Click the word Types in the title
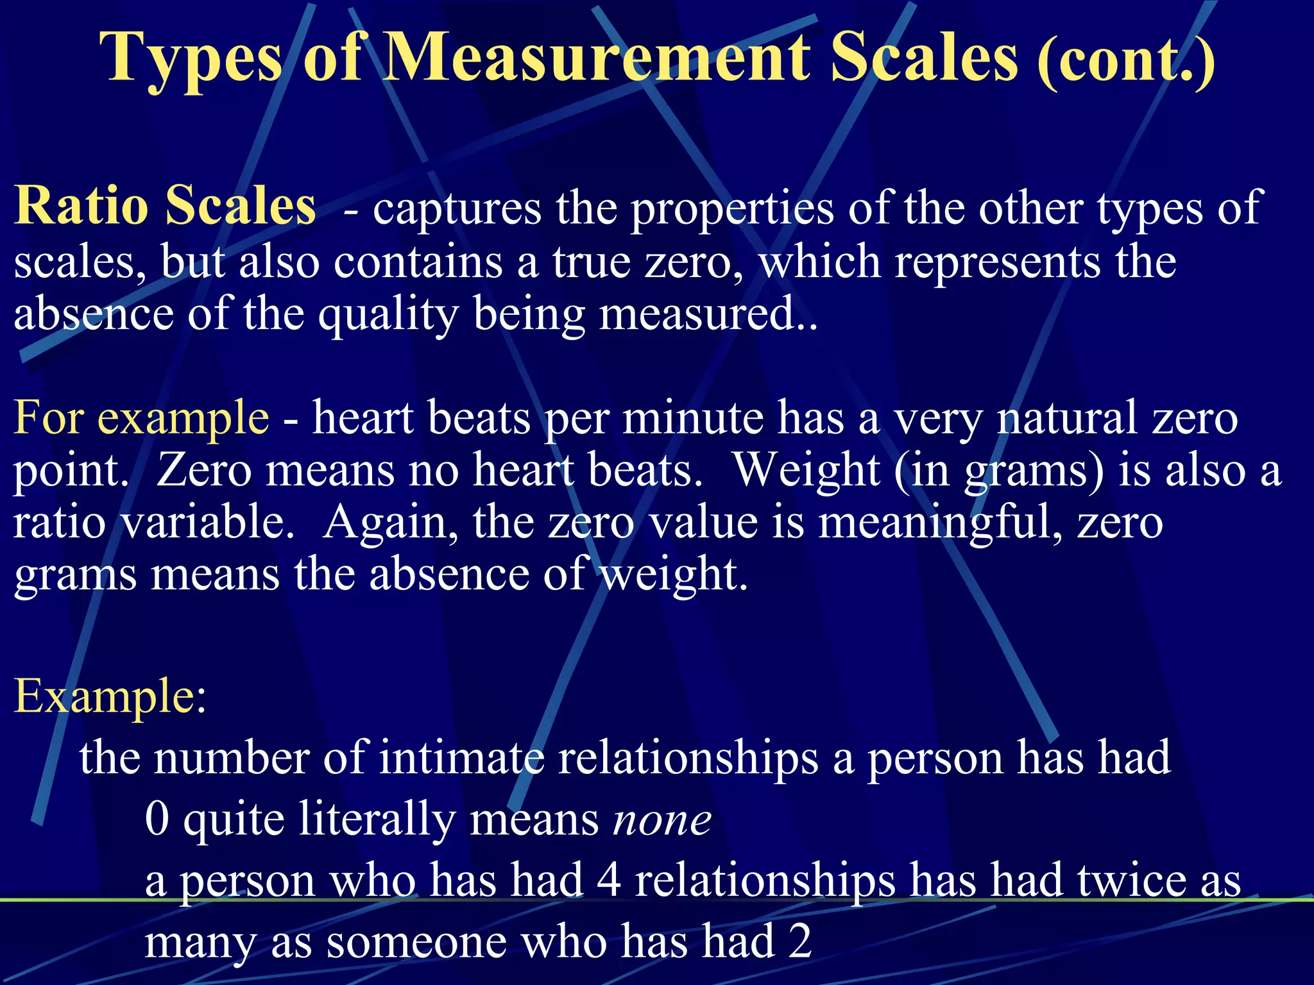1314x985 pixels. [191, 59]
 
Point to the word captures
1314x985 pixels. [457, 208]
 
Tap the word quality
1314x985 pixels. [388, 316]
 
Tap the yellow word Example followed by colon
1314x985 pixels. [103, 696]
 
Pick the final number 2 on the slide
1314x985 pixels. [800, 941]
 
